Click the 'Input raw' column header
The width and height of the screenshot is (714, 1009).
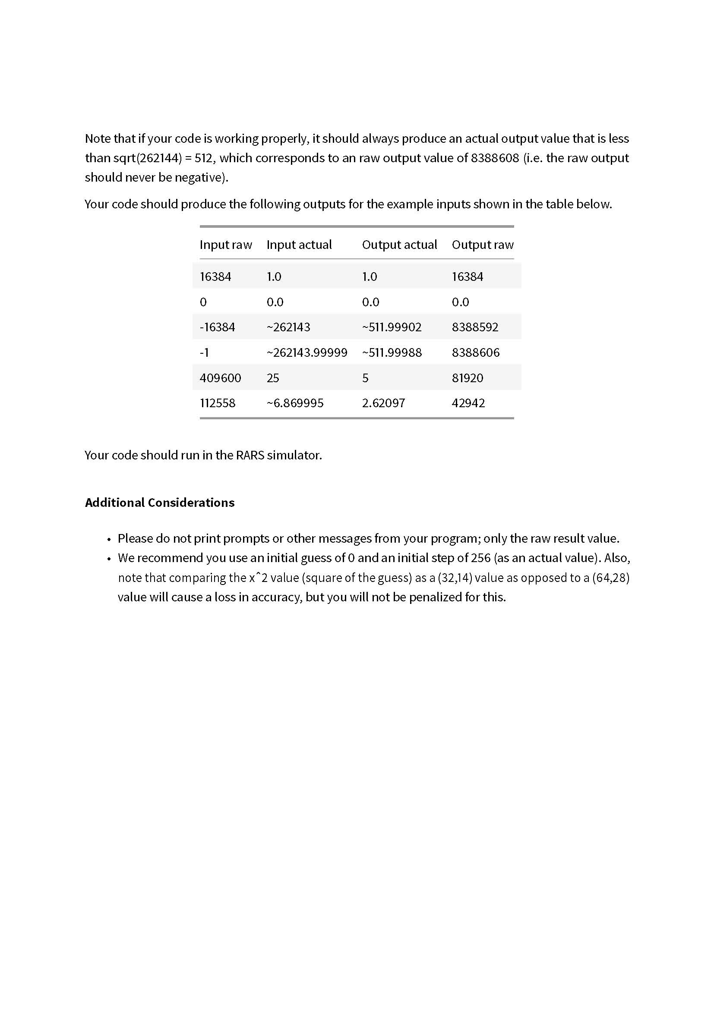pyautogui.click(x=225, y=245)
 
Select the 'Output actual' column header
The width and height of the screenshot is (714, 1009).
pyautogui.click(x=399, y=245)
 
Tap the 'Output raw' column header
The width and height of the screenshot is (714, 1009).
pyautogui.click(x=482, y=245)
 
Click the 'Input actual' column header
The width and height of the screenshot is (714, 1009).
pyautogui.click(x=299, y=245)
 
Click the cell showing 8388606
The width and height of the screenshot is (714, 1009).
pyautogui.click(x=475, y=352)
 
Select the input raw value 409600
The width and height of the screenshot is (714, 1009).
pyautogui.click(x=220, y=378)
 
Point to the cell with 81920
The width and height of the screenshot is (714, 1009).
pyautogui.click(x=468, y=378)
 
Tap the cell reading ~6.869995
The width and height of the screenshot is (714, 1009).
pyautogui.click(x=295, y=403)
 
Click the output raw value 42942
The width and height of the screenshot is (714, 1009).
pyautogui.click(x=468, y=403)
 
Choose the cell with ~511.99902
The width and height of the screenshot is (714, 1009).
pyautogui.click(x=391, y=327)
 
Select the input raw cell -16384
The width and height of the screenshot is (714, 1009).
pyautogui.click(x=217, y=327)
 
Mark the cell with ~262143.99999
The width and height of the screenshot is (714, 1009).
pyautogui.click(x=306, y=352)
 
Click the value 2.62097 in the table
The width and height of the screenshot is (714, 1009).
pyautogui.click(x=383, y=403)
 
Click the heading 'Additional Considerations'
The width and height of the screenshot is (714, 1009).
pyautogui.click(x=160, y=502)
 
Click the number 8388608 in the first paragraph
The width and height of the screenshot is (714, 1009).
pyautogui.click(x=495, y=158)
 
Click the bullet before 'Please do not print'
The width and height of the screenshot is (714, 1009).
pyautogui.click(x=109, y=539)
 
